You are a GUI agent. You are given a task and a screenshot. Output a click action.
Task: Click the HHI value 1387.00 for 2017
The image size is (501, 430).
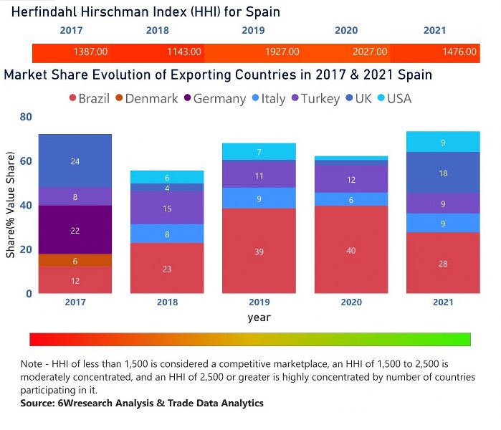coord(90,52)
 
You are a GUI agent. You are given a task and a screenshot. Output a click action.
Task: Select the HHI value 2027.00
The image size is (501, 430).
coord(370,52)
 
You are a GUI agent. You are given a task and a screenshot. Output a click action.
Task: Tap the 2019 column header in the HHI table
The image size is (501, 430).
coord(252,31)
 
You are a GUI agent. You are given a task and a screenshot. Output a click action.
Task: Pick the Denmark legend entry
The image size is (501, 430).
coord(145,99)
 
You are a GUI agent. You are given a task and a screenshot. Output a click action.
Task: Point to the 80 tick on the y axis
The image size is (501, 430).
coord(25,117)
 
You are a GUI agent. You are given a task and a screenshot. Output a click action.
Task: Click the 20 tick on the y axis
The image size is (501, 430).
coord(25,249)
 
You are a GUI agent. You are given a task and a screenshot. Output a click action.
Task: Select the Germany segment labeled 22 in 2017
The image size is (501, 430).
coord(75,230)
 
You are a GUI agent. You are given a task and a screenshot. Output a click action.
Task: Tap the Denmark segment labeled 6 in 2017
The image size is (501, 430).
coord(75,261)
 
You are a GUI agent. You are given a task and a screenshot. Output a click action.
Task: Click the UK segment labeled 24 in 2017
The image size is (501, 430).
coord(75,161)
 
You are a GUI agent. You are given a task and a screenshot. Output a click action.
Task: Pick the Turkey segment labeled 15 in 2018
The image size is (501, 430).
coord(166,208)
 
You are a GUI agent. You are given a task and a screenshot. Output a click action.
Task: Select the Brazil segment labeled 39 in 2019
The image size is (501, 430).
coord(258,251)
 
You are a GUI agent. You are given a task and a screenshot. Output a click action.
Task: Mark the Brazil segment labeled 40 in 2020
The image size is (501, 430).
coord(350,250)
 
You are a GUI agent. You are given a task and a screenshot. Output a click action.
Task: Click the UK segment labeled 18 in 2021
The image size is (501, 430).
coord(443,173)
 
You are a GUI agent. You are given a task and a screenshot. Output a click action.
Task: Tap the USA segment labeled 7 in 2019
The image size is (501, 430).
coord(258,152)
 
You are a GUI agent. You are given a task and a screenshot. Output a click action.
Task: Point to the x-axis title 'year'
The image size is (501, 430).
coord(259,317)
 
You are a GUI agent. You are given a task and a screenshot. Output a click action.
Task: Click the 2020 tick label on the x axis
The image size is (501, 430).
coord(350,302)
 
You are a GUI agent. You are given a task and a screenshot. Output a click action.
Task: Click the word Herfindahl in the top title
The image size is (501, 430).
coord(42,12)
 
